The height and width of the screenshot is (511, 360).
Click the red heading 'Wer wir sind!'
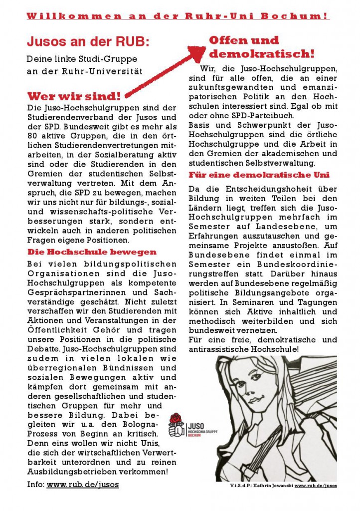coord(74,96)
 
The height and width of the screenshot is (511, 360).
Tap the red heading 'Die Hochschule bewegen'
coord(85,252)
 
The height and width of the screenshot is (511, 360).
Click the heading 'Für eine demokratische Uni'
coord(259,175)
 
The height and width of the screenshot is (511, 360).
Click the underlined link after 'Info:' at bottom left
coord(83,484)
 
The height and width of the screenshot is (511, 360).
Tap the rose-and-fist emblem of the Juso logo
coord(176,425)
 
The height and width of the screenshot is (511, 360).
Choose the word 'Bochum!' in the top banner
coord(304,16)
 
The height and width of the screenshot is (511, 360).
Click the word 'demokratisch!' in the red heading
coord(262,53)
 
